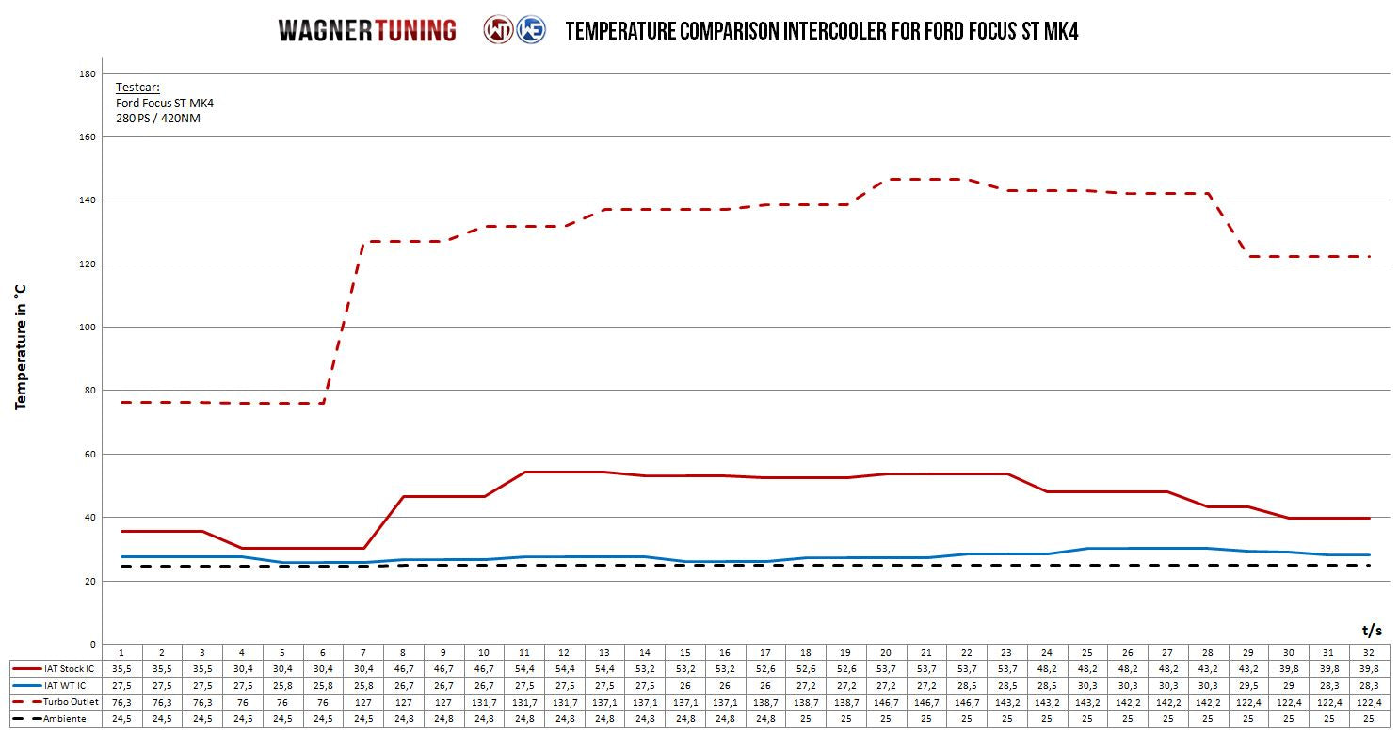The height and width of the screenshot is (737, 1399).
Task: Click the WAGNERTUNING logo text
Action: (367, 31)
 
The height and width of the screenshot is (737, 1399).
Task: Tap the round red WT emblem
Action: (498, 30)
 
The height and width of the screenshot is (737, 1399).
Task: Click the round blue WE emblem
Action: (531, 30)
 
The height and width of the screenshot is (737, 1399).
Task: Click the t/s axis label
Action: (1372, 629)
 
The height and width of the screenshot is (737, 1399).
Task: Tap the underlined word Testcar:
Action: (137, 88)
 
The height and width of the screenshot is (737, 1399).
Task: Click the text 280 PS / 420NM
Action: (158, 119)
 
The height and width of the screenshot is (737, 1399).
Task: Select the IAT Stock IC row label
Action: (69, 668)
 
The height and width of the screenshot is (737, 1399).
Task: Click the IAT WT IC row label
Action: (64, 685)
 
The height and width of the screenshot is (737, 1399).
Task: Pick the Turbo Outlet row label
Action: (69, 702)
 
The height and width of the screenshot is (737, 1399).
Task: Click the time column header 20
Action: (885, 651)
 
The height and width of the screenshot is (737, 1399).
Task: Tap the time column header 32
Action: (1369, 651)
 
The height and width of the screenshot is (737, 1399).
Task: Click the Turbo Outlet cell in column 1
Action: (121, 702)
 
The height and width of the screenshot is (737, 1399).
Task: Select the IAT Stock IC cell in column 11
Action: (523, 668)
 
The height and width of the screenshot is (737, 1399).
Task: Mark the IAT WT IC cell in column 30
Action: (1289, 685)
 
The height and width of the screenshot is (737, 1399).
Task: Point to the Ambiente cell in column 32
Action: (1369, 719)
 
